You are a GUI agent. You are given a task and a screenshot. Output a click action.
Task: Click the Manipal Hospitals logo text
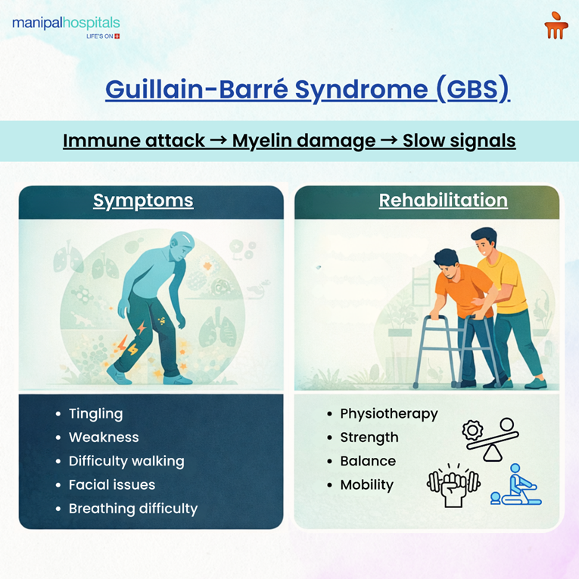tap(66, 23)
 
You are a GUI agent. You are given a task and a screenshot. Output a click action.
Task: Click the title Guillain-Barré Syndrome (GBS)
tap(307, 89)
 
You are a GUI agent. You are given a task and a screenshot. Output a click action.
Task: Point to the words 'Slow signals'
tap(459, 141)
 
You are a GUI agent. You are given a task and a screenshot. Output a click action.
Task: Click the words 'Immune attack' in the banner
tap(133, 141)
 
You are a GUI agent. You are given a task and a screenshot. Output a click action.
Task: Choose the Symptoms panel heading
tap(143, 201)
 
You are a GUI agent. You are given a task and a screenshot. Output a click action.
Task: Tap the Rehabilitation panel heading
tap(443, 201)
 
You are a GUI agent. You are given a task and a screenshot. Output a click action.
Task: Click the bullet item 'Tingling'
tap(95, 414)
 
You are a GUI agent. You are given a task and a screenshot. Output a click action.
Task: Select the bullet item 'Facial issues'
tap(111, 484)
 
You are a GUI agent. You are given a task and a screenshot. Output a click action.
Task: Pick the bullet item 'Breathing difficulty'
tap(132, 509)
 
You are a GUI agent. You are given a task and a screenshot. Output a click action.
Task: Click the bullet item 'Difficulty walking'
tap(126, 461)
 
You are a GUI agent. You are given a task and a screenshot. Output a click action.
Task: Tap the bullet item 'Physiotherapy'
tap(388, 414)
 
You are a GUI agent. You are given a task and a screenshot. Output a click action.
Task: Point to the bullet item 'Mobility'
tap(366, 485)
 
